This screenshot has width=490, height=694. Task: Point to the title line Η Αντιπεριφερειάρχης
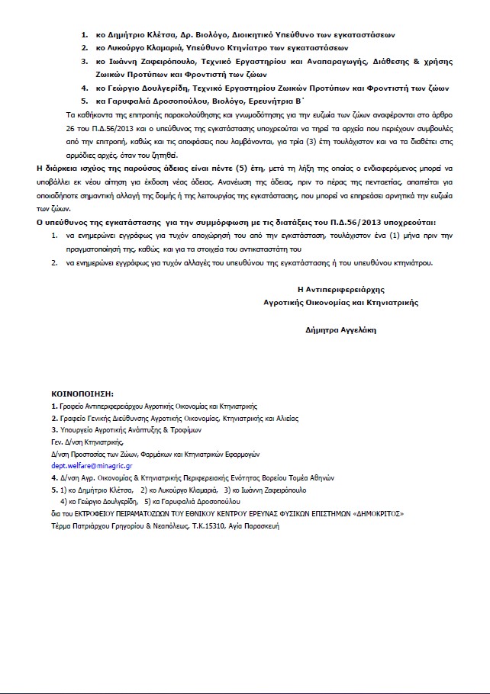tap(340, 290)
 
